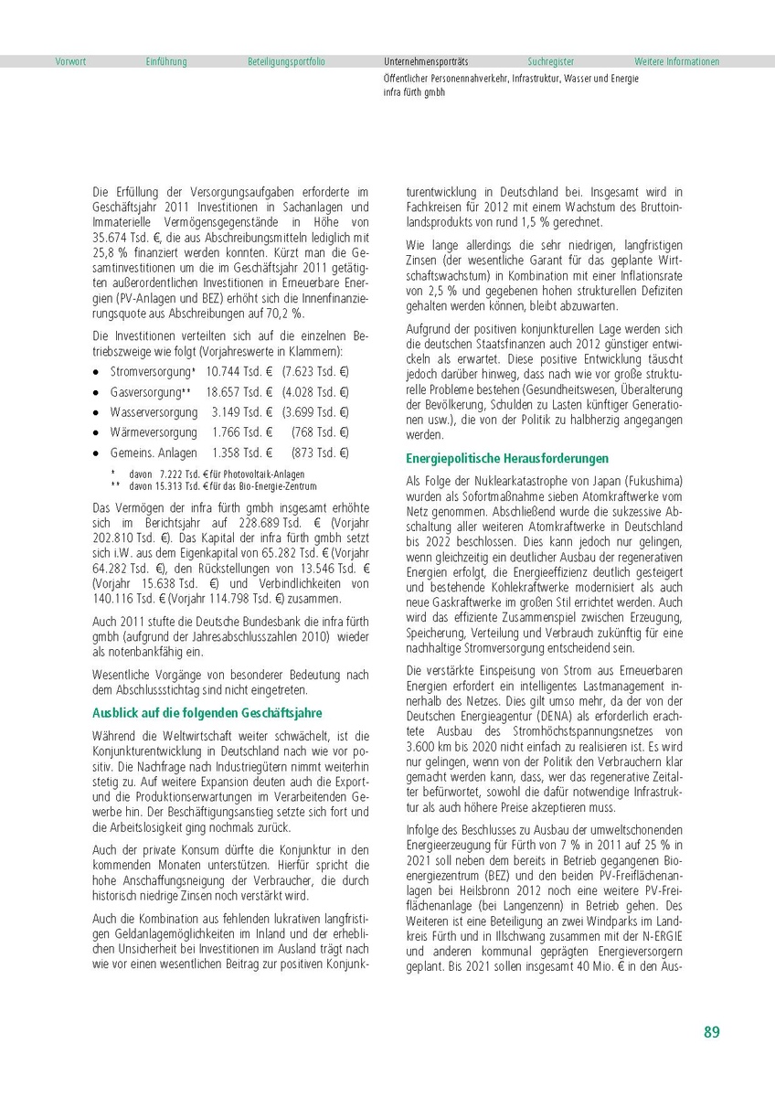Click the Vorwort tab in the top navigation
(70, 62)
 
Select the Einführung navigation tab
(165, 62)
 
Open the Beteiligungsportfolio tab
(286, 62)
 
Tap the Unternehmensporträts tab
(426, 62)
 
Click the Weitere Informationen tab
(676, 62)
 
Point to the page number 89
(711, 1032)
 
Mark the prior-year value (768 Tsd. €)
(320, 432)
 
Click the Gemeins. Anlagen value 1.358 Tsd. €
(243, 453)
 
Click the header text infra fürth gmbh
(414, 92)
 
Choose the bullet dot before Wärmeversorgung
(96, 432)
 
